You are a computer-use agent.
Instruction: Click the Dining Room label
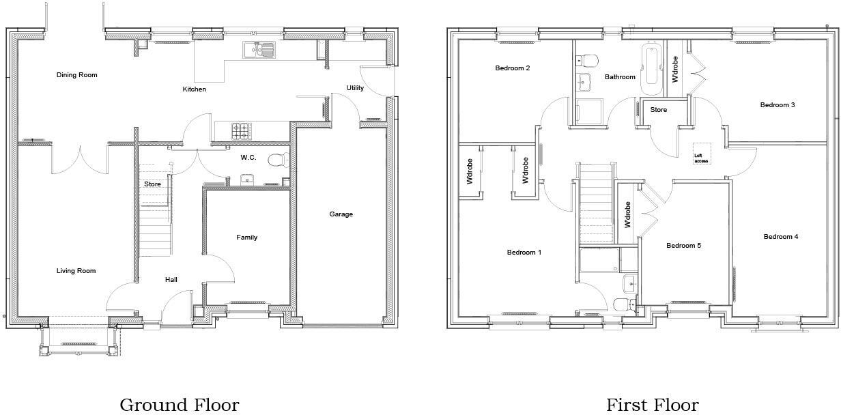[76, 75]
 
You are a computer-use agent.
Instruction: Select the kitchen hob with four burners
[242, 130]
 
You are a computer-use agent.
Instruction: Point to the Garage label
[341, 214]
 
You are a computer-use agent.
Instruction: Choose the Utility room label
[355, 88]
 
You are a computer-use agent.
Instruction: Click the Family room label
[247, 238]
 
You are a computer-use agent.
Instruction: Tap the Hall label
[171, 280]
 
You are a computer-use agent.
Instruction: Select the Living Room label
[76, 271]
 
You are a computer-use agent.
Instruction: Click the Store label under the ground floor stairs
[152, 184]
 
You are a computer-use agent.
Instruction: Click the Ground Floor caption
[180, 405]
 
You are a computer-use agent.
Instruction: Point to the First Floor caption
[653, 405]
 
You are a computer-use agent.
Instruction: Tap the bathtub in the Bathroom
[650, 70]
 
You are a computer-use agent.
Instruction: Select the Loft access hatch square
[702, 153]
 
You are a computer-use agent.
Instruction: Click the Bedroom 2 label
[513, 68]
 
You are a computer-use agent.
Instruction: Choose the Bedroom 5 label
[683, 246]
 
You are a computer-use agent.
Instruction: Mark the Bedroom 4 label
[781, 237]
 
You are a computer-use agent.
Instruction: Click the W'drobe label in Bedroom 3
[675, 69]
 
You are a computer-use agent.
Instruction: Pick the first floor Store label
[658, 110]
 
